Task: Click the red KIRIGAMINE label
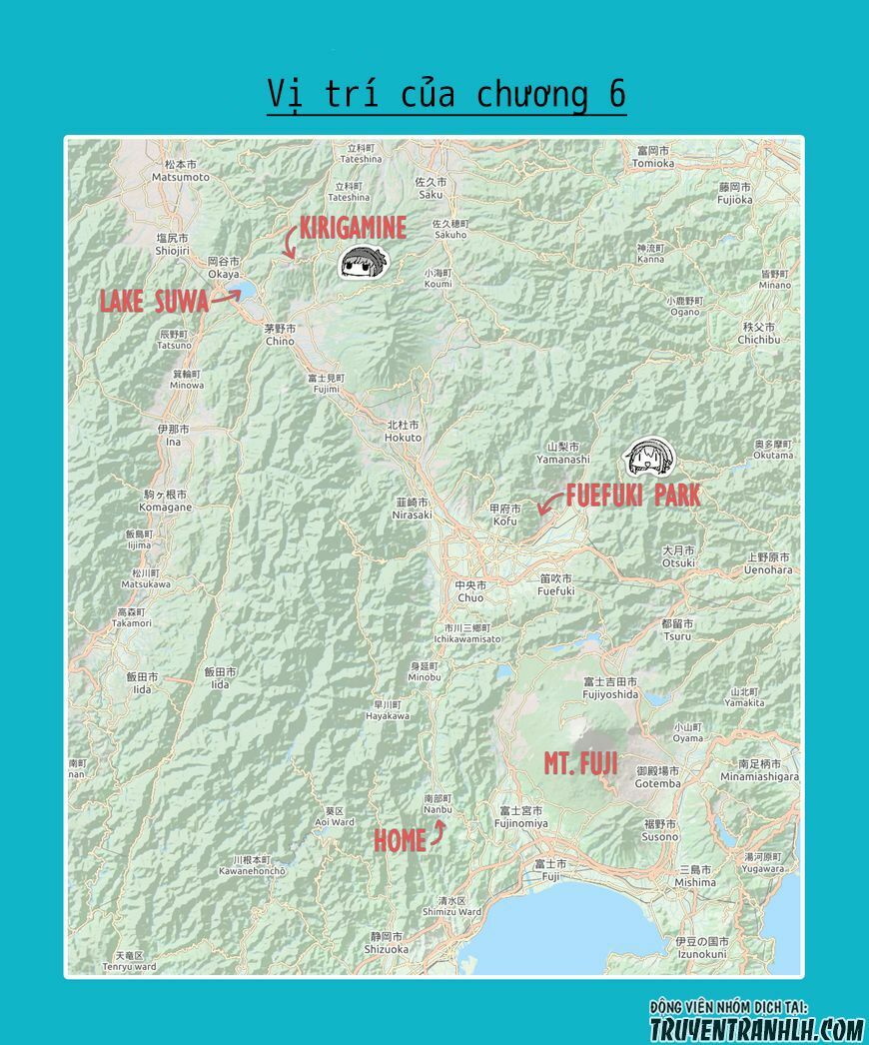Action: pyautogui.click(x=353, y=229)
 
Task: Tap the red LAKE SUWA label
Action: pyautogui.click(x=154, y=301)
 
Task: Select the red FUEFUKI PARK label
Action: pyautogui.click(x=632, y=496)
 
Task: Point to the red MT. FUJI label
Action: pyautogui.click(x=580, y=764)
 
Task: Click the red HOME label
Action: pyautogui.click(x=400, y=841)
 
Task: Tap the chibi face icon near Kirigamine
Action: pyautogui.click(x=360, y=263)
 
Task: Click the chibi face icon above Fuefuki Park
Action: pyautogui.click(x=649, y=459)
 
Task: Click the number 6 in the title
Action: pyautogui.click(x=616, y=94)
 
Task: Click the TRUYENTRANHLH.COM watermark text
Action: pyautogui.click(x=756, y=1028)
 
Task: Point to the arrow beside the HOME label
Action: pyautogui.click(x=438, y=835)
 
